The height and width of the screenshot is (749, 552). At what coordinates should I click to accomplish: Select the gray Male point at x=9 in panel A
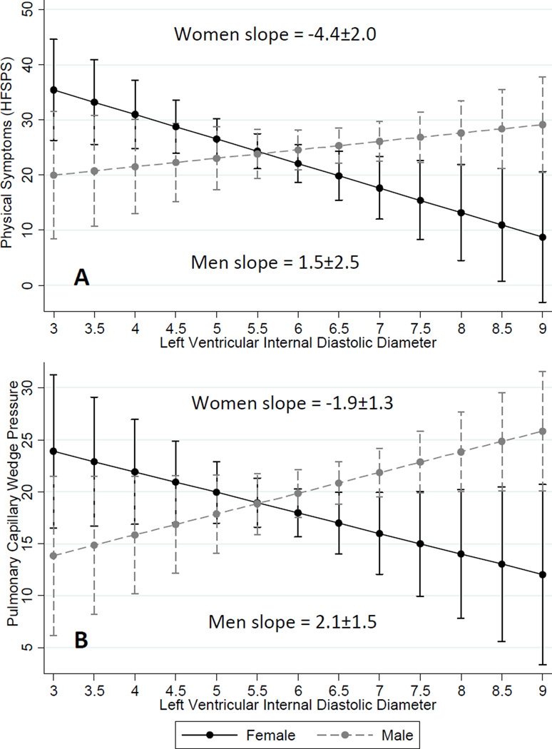click(543, 125)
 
